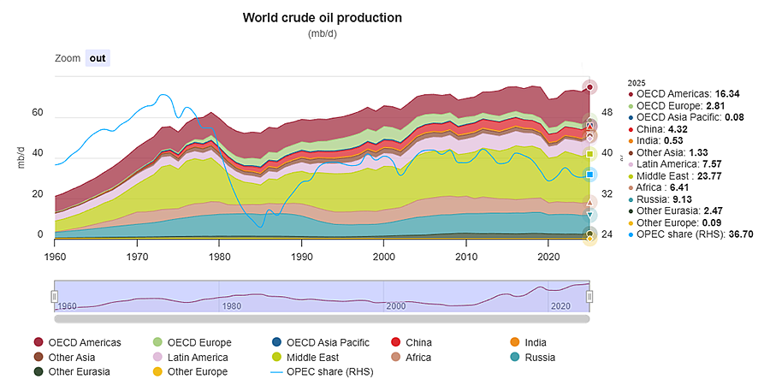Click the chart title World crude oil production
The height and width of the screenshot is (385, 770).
(323, 18)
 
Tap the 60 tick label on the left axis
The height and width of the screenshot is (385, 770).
(38, 113)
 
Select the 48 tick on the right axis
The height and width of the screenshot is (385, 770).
(607, 113)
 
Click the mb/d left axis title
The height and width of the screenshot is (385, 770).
(21, 157)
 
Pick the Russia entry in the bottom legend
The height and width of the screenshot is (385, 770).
(533, 358)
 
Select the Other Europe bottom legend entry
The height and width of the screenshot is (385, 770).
(191, 372)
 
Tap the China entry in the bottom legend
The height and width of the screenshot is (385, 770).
(412, 343)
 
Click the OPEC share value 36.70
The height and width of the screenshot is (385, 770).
(739, 234)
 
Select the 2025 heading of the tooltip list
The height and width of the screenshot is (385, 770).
(636, 82)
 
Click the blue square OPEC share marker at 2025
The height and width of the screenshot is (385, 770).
(590, 175)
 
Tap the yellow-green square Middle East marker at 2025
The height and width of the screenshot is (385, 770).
(590, 154)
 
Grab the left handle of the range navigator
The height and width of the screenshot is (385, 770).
(55, 297)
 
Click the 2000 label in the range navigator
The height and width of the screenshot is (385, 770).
(396, 306)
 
